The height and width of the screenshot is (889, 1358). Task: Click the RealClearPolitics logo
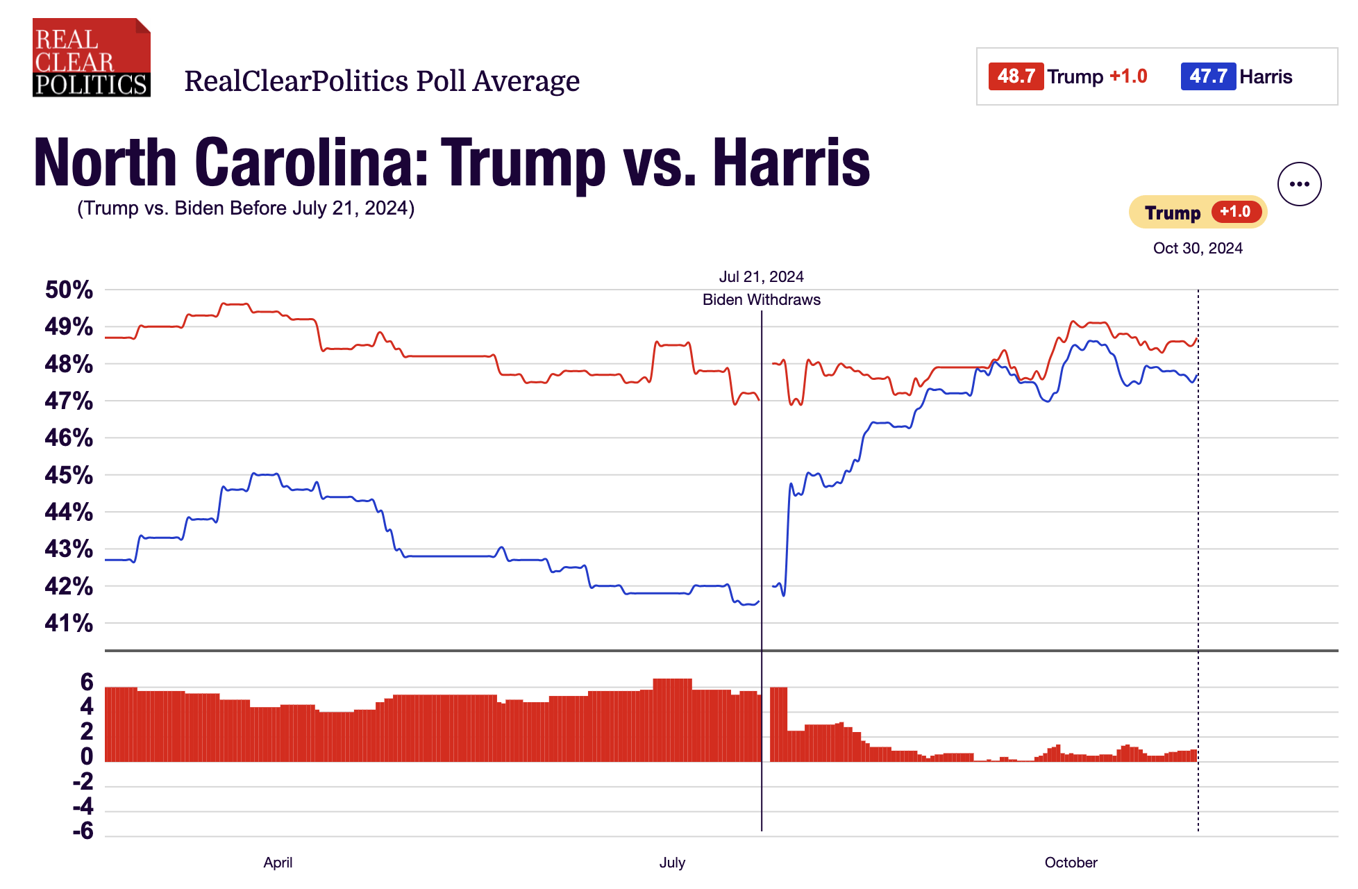point(91,58)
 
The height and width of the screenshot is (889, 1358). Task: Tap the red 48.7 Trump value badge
point(1016,76)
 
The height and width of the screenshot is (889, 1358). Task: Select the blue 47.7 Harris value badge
point(1208,76)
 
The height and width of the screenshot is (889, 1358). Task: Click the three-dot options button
point(1299,184)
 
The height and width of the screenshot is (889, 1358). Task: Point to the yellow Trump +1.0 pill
point(1198,213)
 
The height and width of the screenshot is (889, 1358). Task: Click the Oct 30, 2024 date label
point(1198,249)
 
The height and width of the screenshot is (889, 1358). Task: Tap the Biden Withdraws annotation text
point(761,300)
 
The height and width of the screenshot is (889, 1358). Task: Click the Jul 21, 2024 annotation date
point(761,277)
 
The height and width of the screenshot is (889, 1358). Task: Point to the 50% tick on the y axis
point(69,290)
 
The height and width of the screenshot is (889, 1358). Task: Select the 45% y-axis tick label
point(69,475)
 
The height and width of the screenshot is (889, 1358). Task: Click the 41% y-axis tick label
point(69,623)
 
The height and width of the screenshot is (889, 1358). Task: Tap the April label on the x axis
point(278,863)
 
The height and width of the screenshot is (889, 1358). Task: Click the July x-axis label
point(672,863)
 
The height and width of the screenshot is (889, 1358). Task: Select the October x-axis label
point(1071,863)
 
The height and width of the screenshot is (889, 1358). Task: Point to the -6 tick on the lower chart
point(83,831)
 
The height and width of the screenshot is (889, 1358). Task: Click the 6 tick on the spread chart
point(87,682)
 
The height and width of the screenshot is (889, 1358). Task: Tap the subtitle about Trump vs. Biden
point(246,208)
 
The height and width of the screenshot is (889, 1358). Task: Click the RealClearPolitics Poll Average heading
point(382,81)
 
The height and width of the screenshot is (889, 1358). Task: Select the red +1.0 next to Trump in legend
point(1128,76)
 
